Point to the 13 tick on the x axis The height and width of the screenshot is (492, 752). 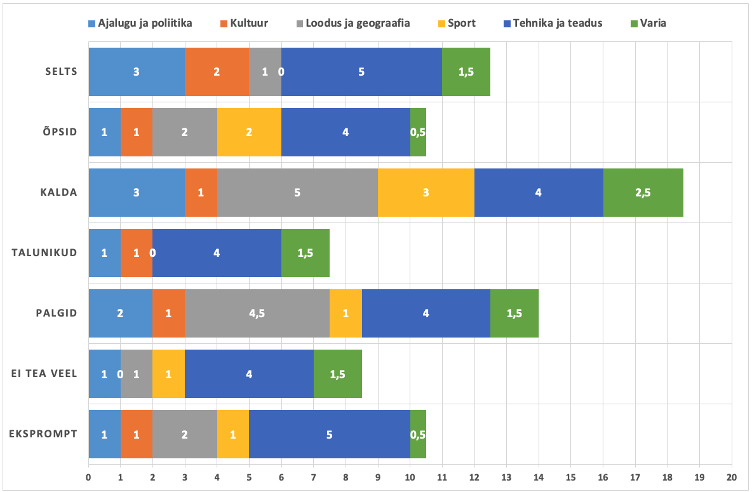pos(506,475)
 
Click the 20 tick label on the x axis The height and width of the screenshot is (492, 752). pos(732,475)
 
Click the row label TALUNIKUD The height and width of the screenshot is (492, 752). pos(44,252)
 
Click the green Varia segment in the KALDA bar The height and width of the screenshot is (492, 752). pos(643,192)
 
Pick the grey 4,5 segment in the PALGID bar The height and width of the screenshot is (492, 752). pos(257,313)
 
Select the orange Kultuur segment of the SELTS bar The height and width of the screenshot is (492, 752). pos(217,71)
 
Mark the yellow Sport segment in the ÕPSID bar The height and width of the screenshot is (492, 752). pos(249,132)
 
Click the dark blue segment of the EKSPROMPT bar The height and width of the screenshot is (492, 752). pos(329,434)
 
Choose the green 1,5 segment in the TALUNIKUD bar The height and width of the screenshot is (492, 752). pos(305,252)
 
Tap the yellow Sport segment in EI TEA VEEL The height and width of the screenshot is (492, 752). pos(168,373)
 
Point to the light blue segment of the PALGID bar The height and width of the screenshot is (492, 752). pos(120,313)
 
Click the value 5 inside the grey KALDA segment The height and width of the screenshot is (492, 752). pos(297,192)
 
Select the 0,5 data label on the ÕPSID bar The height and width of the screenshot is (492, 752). pos(418,132)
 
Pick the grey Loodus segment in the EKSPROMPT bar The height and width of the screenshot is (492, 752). pos(184,434)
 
